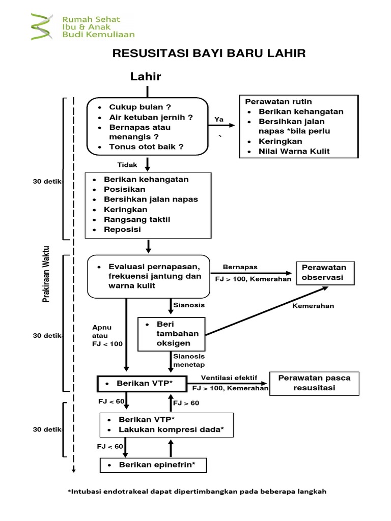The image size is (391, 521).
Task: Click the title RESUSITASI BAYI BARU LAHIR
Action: (209, 53)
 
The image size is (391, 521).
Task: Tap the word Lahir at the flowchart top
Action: (146, 76)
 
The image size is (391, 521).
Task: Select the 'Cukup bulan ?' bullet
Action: (139, 107)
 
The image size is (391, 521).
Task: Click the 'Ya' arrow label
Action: (219, 119)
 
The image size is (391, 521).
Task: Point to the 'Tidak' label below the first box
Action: (127, 164)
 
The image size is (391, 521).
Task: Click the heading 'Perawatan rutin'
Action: (278, 102)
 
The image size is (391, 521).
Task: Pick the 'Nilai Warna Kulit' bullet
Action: (294, 151)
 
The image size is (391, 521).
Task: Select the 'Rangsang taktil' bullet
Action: (136, 219)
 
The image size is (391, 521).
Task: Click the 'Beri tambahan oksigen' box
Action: (172, 334)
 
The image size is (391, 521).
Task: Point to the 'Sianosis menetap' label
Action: (188, 361)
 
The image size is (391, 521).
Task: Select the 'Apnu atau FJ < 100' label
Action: (107, 335)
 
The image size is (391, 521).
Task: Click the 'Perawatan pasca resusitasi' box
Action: (314, 383)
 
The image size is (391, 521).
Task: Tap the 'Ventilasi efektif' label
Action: (229, 378)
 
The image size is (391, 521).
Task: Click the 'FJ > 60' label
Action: (186, 403)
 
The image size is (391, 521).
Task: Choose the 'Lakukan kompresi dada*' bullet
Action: (171, 430)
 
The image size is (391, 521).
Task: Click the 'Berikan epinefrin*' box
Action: (153, 465)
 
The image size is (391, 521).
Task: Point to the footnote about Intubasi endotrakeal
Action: (197, 491)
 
